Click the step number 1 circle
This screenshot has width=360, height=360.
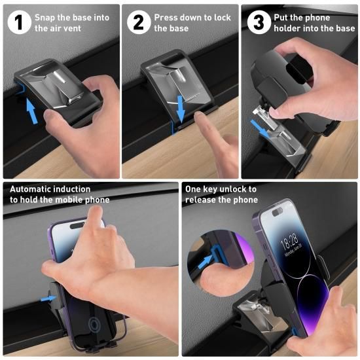tap(19, 22)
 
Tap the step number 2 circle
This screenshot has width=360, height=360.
tap(139, 22)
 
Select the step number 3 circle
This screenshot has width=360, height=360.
tap(259, 22)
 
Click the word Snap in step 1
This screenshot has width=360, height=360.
tap(45, 18)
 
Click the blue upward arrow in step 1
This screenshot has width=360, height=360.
tap(31, 111)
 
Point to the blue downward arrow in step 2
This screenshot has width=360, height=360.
tap(181, 109)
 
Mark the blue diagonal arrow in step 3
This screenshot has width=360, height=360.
tap(259, 129)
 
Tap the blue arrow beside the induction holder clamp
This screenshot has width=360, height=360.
tap(48, 298)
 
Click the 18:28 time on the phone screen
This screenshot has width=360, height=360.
tap(289, 243)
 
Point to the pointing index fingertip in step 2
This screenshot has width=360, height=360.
tap(198, 115)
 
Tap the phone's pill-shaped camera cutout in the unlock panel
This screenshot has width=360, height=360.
tap(278, 212)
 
